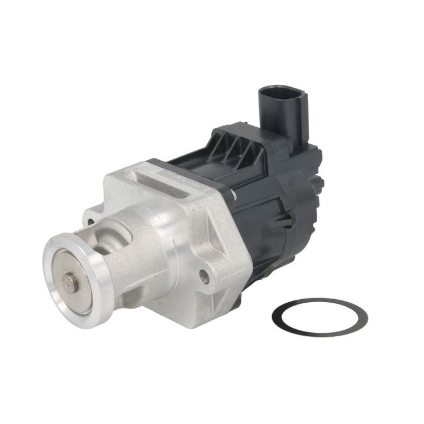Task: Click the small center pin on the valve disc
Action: point(70,284)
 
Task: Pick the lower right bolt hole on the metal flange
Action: point(204,276)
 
